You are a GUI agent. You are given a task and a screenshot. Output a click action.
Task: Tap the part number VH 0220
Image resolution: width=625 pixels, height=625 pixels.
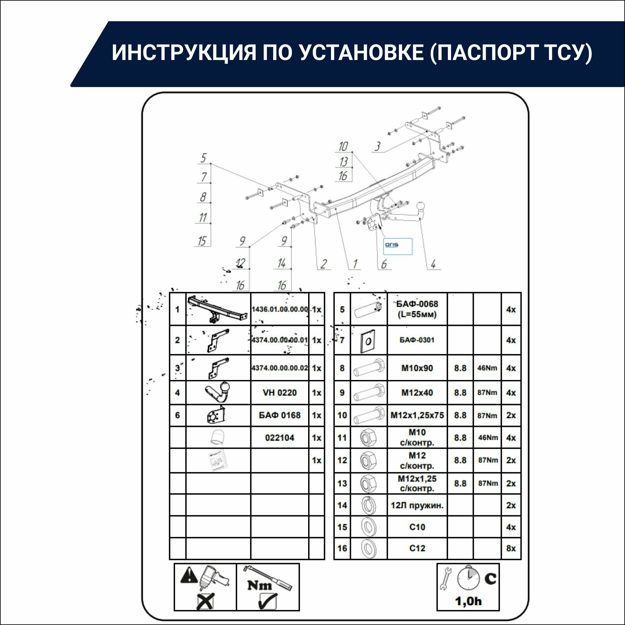point(279,393)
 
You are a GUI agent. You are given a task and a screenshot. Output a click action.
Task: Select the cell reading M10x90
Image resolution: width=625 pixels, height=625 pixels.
point(417,368)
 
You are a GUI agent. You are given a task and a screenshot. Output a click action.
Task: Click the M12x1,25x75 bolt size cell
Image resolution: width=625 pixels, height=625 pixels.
point(417,415)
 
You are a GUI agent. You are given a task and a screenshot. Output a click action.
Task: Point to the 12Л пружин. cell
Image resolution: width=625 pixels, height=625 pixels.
point(417,505)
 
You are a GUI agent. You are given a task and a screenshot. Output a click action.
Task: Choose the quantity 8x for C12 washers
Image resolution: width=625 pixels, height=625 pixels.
point(511,548)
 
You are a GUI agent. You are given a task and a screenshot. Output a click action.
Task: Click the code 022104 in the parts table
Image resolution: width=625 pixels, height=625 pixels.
point(279,438)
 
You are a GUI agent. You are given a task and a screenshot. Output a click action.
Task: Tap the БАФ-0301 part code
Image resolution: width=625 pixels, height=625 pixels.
point(417,340)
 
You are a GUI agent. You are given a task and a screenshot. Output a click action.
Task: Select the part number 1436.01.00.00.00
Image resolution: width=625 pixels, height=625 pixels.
point(279,309)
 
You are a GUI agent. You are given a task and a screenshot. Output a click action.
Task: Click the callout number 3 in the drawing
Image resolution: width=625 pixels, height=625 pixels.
point(377,147)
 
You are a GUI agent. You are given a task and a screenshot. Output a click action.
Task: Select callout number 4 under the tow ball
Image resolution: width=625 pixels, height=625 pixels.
point(433,264)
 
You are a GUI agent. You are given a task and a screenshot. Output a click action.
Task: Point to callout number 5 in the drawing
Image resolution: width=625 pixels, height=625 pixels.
point(203,158)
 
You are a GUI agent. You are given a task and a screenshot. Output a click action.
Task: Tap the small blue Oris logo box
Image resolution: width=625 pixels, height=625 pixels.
point(397,247)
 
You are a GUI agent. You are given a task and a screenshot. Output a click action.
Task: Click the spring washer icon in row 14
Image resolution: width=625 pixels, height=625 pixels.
point(368,505)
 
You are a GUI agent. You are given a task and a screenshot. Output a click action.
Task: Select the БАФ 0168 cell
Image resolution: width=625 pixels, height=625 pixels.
point(279,415)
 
